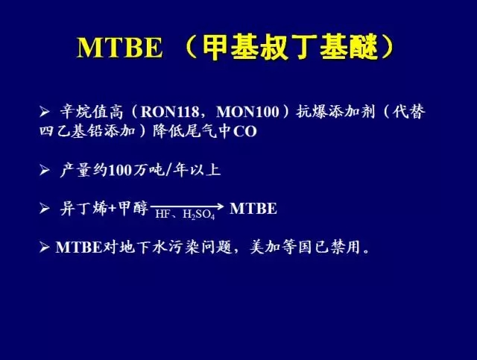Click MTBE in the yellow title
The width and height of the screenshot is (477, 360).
119,48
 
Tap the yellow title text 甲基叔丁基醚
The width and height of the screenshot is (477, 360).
290,47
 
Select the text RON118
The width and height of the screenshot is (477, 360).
170,112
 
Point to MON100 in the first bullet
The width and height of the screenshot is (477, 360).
247,112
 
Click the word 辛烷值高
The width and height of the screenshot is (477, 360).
91,112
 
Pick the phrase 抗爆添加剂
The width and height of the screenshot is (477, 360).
336,112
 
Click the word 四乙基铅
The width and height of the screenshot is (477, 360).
71,131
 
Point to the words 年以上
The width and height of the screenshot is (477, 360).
197,170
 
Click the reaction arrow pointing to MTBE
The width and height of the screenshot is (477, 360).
187,206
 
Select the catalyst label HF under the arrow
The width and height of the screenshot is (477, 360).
162,214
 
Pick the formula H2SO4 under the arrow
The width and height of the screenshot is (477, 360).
199,215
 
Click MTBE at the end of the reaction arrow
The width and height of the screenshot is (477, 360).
253,209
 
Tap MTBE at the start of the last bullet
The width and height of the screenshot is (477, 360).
78,247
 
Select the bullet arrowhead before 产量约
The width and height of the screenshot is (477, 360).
45,171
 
